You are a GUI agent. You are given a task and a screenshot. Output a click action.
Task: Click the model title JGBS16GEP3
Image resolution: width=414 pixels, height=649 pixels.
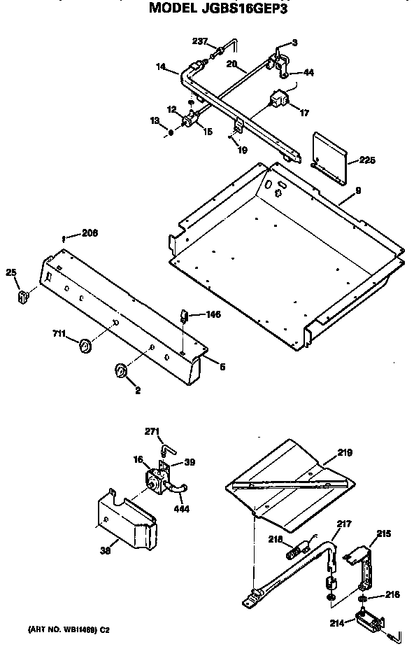[218, 10]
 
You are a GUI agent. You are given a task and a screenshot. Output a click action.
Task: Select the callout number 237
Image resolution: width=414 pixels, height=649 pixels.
[199, 42]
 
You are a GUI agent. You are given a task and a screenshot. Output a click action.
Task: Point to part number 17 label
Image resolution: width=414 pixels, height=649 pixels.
[304, 112]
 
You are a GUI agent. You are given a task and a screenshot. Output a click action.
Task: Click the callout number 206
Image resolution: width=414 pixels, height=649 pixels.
[90, 234]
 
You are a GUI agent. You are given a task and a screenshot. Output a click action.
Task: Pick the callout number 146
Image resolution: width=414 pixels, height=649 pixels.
[213, 314]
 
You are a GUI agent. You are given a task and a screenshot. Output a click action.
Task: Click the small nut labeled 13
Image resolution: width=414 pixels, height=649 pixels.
[171, 131]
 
